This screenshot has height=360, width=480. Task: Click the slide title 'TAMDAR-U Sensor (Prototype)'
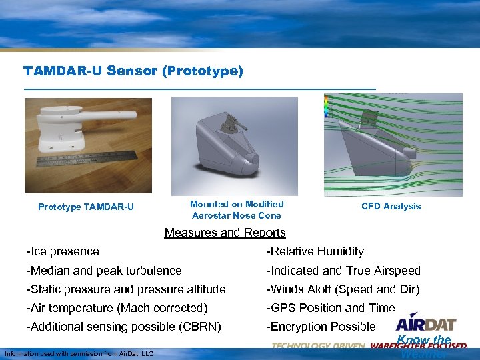coord(133,70)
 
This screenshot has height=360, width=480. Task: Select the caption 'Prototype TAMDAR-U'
coord(86,207)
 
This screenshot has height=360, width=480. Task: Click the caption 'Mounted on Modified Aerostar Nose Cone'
coord(237,210)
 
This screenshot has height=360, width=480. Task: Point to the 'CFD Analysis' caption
coord(391,207)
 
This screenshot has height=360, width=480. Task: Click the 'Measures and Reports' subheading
coord(225,233)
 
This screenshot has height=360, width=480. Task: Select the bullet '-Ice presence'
coord(63,251)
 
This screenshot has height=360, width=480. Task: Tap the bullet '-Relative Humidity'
coord(315,251)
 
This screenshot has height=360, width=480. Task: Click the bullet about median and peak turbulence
coord(104,271)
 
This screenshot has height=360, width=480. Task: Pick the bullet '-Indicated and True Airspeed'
coord(343,271)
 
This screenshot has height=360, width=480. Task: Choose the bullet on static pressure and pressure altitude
coord(126,289)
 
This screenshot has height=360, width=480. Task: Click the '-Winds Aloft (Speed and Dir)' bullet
coord(343,289)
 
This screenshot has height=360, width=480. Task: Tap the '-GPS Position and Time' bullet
coord(331,308)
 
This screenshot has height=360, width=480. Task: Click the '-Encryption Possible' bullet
coord(321,327)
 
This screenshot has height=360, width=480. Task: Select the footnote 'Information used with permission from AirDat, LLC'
coord(79,353)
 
